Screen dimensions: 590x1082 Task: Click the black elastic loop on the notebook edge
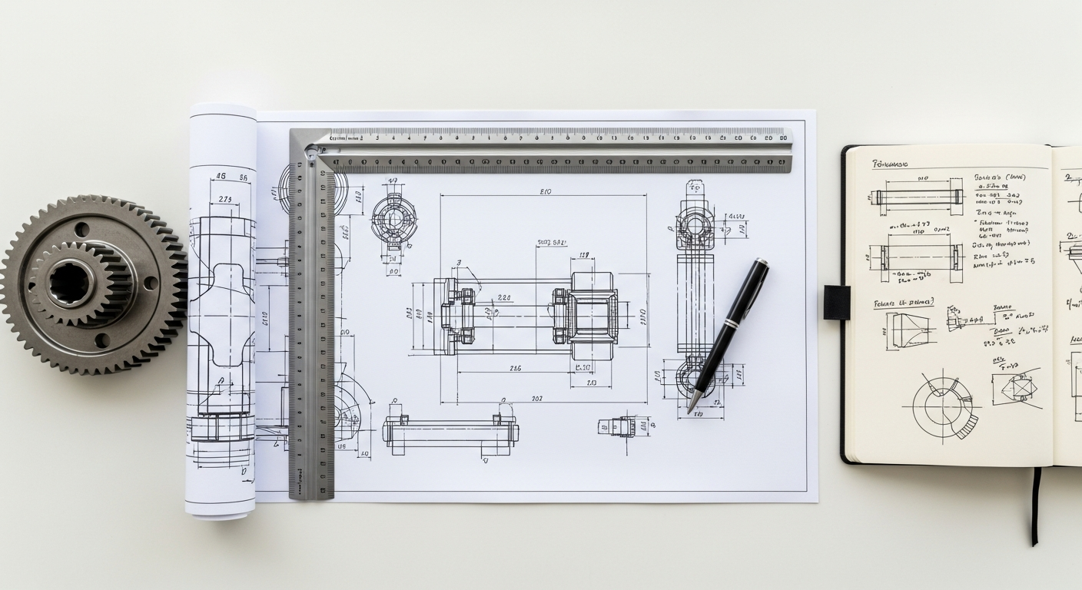(837, 302)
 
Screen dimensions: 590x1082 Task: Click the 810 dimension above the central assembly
(546, 191)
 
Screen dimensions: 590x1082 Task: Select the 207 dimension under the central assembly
(537, 399)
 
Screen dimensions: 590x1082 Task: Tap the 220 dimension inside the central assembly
(504, 297)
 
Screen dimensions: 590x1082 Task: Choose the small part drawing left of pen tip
(619, 426)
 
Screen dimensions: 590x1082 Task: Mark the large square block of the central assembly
(592, 315)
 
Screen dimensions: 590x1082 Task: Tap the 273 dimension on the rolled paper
(225, 200)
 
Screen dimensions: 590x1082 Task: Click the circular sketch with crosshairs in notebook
(942, 403)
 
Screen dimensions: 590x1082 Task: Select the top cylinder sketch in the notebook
(919, 197)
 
